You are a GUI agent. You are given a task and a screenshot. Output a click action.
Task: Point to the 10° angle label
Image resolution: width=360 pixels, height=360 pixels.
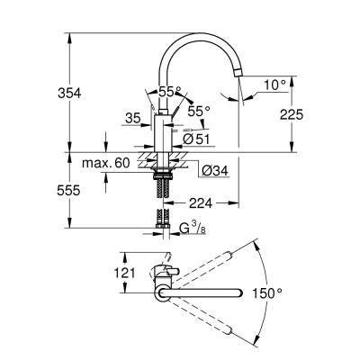point(274,85)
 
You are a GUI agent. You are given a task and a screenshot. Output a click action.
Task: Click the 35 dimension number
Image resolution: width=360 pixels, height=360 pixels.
point(132,117)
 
